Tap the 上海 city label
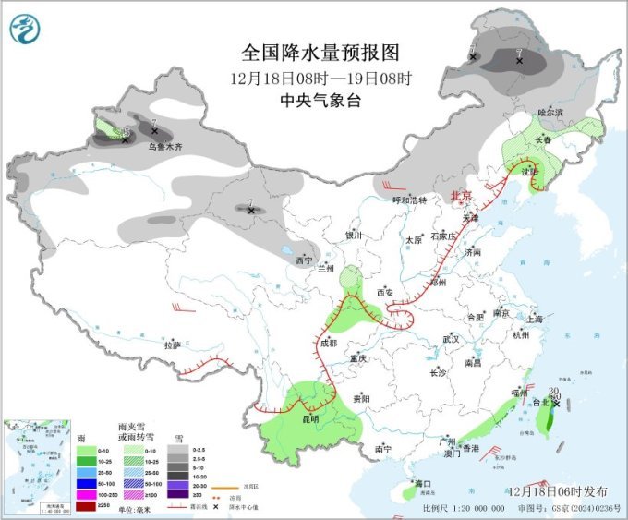click(534, 319)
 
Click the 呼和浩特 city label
click(409, 200)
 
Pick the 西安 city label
click(385, 292)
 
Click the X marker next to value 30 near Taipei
click(556, 403)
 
